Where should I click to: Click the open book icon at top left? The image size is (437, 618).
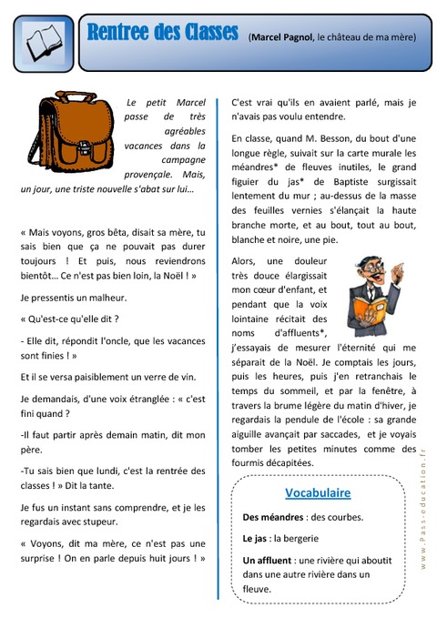pyautogui.click(x=42, y=42)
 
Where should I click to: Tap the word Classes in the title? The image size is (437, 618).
pyautogui.click(x=200, y=34)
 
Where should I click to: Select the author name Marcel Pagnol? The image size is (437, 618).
pyautogui.click(x=288, y=38)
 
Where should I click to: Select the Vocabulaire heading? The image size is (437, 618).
pyautogui.click(x=318, y=492)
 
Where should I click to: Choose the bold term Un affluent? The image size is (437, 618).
pyautogui.click(x=272, y=560)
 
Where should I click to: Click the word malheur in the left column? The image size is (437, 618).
pyautogui.click(x=107, y=297)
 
